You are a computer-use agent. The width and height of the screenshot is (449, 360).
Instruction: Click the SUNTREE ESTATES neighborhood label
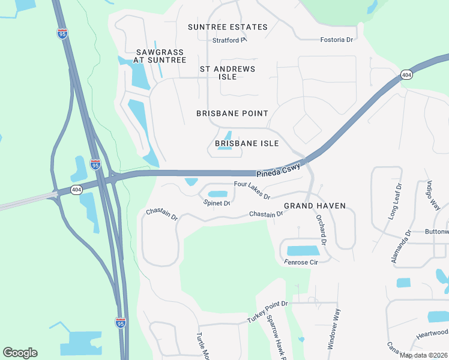click(228, 27)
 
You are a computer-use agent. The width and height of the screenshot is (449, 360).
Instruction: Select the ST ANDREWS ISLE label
click(228, 73)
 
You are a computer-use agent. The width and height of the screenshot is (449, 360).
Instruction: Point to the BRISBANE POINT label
click(232, 113)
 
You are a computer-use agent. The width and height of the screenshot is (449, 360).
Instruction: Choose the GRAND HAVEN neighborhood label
click(315, 206)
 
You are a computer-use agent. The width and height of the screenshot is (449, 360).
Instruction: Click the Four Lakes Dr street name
click(252, 190)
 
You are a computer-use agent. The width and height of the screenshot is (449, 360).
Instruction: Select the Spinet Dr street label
click(217, 203)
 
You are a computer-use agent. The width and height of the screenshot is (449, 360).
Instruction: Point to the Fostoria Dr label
click(338, 39)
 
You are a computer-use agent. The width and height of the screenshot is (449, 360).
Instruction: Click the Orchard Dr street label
click(320, 229)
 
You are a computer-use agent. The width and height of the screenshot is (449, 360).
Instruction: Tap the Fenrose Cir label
click(301, 262)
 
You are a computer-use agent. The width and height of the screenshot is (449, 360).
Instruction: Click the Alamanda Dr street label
click(400, 246)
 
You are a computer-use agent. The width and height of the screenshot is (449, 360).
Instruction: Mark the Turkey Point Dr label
click(268, 313)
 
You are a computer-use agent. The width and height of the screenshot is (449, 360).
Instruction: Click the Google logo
click(20, 353)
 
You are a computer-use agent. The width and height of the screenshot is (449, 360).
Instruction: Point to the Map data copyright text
click(424, 355)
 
